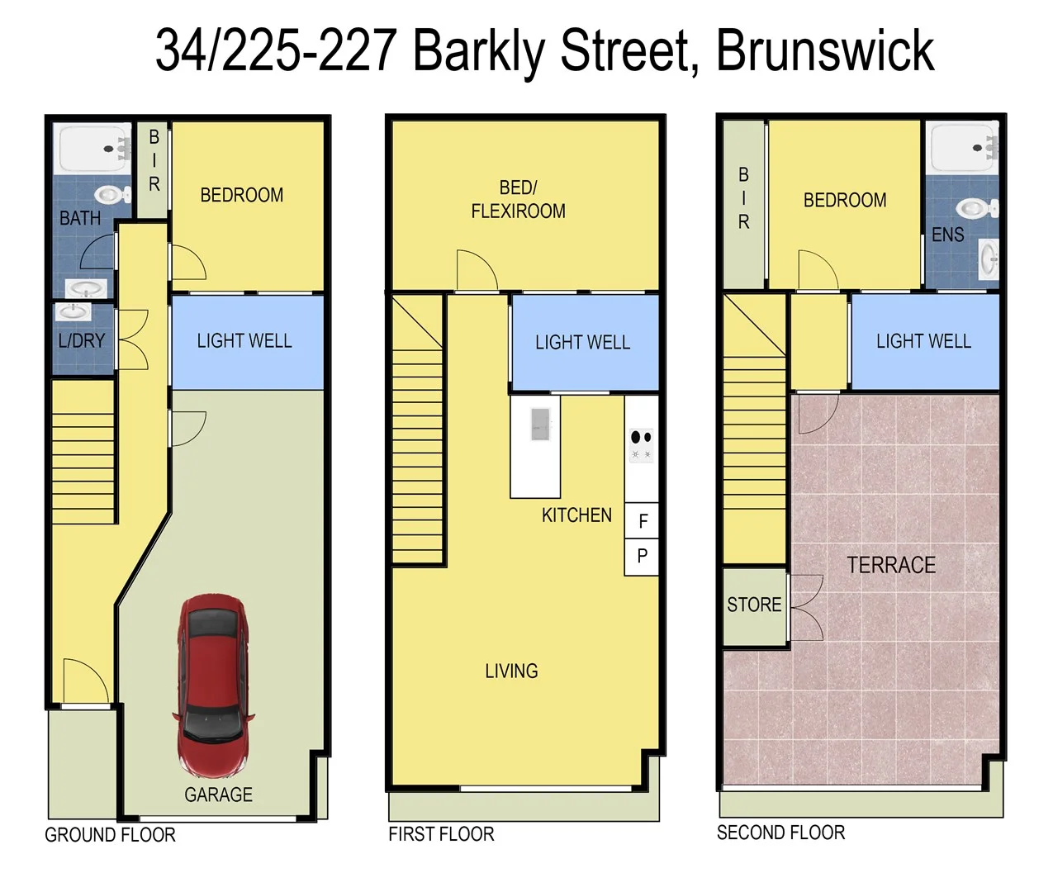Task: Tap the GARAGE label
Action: (x=218, y=795)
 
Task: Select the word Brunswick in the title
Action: (x=824, y=51)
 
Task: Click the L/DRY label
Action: (x=81, y=340)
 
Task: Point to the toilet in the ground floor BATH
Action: (x=111, y=196)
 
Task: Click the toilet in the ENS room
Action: (x=976, y=208)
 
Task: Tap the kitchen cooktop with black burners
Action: (x=641, y=445)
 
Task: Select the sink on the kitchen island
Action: (x=540, y=425)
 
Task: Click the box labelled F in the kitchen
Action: (x=642, y=521)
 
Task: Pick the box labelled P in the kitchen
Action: (x=642, y=557)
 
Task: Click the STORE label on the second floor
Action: (x=753, y=605)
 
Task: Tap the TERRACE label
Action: (x=890, y=566)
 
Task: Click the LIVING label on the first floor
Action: (x=511, y=671)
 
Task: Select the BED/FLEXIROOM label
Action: (x=518, y=200)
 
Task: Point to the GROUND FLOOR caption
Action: (x=110, y=835)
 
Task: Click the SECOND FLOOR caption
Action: (x=780, y=833)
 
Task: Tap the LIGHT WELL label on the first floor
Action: (x=582, y=342)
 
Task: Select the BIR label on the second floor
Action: (x=743, y=198)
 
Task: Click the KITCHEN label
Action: (x=576, y=515)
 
